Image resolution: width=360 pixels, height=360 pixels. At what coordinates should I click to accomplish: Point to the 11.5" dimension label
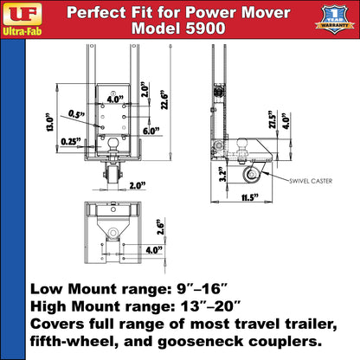(253, 196)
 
